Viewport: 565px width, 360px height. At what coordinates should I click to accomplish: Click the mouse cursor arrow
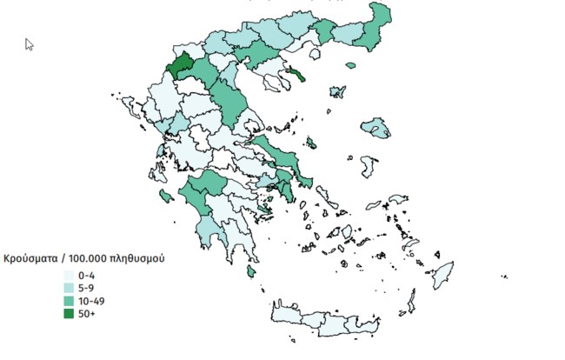(30, 44)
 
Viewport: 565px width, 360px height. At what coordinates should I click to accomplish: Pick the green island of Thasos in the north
(351, 64)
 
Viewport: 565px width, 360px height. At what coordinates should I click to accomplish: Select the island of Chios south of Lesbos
(369, 164)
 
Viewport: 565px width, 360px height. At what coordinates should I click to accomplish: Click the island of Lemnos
(338, 91)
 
